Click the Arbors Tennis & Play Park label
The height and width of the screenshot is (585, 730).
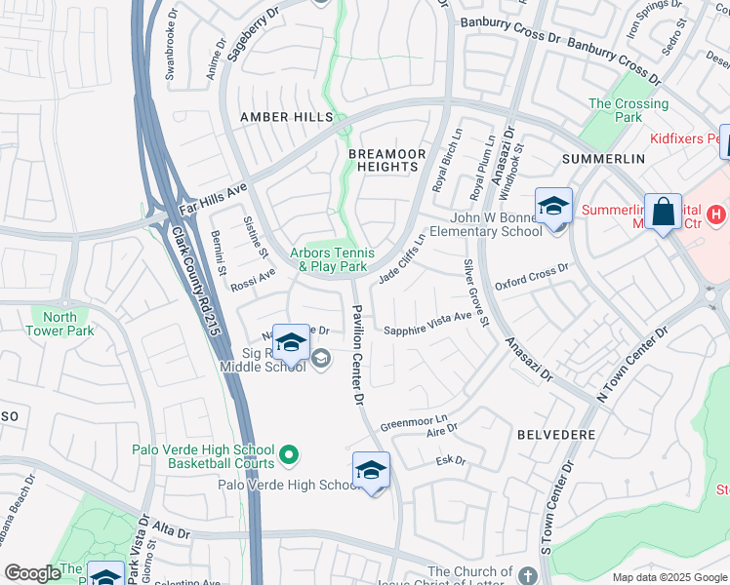(x=333, y=260)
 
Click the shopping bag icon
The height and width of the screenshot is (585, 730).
(x=664, y=211)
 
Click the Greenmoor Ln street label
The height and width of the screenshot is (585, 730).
(x=413, y=424)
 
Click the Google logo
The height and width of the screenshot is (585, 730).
(x=32, y=574)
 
